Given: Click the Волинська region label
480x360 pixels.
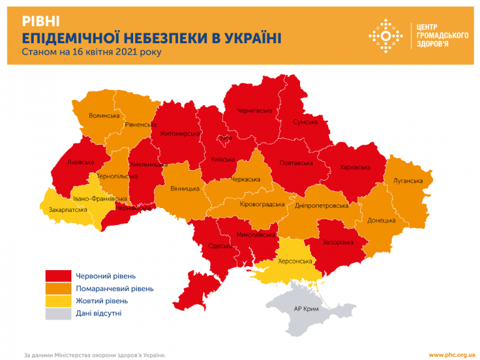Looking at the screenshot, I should click(x=104, y=116).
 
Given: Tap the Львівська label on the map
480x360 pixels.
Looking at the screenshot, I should click(x=81, y=162).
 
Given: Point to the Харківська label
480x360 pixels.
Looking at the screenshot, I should click(x=354, y=167).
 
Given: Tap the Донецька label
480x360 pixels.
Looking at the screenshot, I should click(x=381, y=221).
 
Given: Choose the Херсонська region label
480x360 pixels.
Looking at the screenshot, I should click(x=294, y=261).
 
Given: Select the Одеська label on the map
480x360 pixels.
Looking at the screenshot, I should click(x=220, y=246).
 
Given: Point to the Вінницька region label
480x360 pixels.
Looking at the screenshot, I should click(x=185, y=188).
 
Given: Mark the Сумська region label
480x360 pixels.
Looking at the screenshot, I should click(x=306, y=122).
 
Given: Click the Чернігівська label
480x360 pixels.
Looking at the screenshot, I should click(x=254, y=111).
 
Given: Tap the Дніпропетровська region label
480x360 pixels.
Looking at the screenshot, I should click(x=321, y=206).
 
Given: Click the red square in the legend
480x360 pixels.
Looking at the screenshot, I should click(x=57, y=276).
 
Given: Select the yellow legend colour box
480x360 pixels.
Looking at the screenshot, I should click(x=57, y=301).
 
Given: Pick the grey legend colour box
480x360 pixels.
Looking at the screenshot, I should click(x=57, y=314).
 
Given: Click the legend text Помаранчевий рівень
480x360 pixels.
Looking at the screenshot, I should click(x=114, y=289).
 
